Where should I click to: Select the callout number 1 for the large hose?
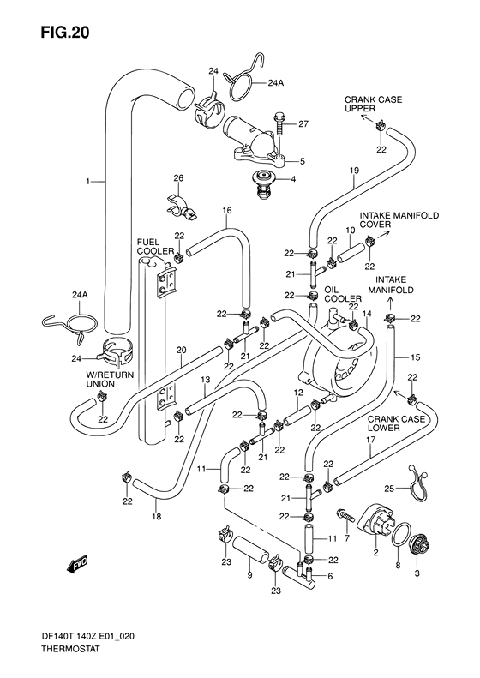pyautogui.click(x=87, y=182)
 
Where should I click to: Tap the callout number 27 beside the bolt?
pyautogui.click(x=303, y=124)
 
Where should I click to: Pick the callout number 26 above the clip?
pyautogui.click(x=178, y=178)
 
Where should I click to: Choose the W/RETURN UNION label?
pyautogui.click(x=99, y=380)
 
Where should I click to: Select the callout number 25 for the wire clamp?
pyautogui.click(x=389, y=489)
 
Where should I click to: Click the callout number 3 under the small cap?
pyautogui.click(x=417, y=572)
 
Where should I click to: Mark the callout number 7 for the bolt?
pyautogui.click(x=346, y=538)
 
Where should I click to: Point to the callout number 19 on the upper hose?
pyautogui.click(x=353, y=171)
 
